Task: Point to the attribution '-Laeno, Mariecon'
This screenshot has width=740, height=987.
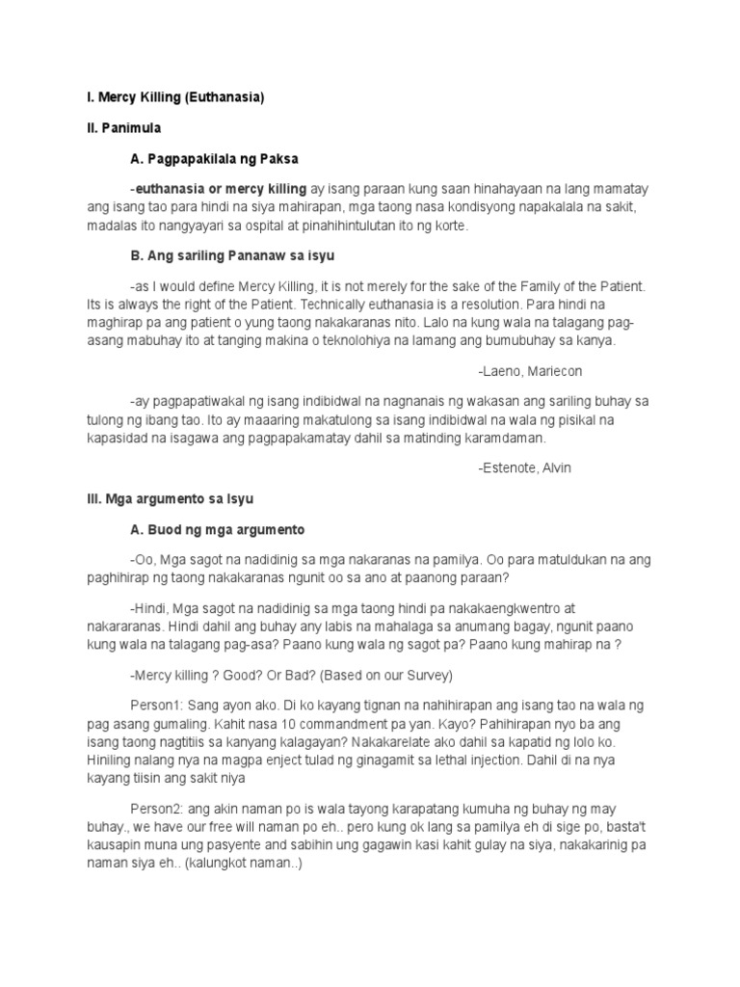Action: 529,371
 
